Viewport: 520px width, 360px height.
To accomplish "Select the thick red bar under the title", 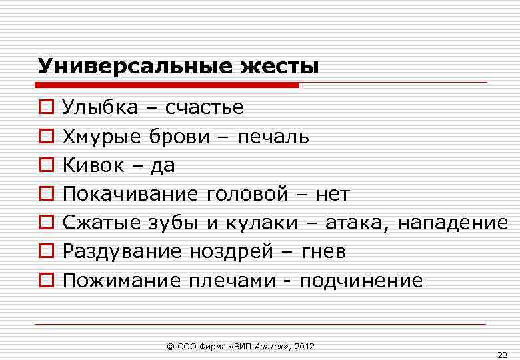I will point(167,85).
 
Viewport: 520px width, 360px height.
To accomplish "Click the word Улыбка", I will point(101,107).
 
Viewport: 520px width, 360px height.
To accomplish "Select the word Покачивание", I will point(130,194).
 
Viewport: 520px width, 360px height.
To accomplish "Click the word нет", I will point(333,194).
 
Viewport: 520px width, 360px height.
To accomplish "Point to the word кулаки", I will point(261,223).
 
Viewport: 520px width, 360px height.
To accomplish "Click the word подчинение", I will point(361,281).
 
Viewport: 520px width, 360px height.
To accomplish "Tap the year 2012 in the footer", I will point(303,347).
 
